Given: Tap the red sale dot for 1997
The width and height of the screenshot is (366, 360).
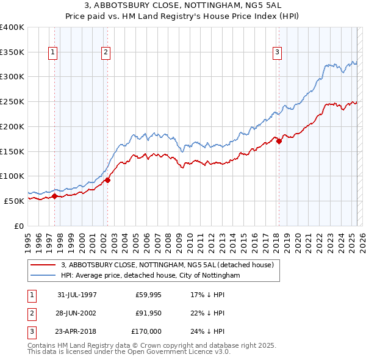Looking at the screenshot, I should (54, 196).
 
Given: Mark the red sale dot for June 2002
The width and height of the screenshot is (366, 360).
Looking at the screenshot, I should (107, 180).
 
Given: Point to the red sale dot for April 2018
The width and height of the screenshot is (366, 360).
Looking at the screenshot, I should (279, 141).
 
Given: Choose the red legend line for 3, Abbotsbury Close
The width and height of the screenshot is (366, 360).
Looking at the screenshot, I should (43, 265).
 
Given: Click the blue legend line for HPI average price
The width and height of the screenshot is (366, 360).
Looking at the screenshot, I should (43, 276).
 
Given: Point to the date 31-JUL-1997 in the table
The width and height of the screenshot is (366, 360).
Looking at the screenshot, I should (77, 294).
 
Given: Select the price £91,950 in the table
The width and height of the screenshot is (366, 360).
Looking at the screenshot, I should (148, 313).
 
